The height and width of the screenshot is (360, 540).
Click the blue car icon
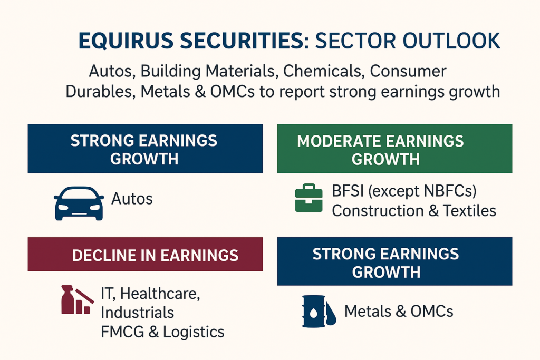coord(79,203)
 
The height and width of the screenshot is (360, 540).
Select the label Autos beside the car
coord(132,199)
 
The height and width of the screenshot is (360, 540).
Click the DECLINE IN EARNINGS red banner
coord(145,254)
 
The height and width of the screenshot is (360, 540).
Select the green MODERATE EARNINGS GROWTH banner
coord(394,149)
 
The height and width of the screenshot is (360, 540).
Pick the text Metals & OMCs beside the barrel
coord(398,312)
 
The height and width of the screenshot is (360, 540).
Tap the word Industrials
coord(137,312)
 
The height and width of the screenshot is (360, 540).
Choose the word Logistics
coord(194,332)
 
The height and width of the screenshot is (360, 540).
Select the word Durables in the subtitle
coord(99,91)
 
